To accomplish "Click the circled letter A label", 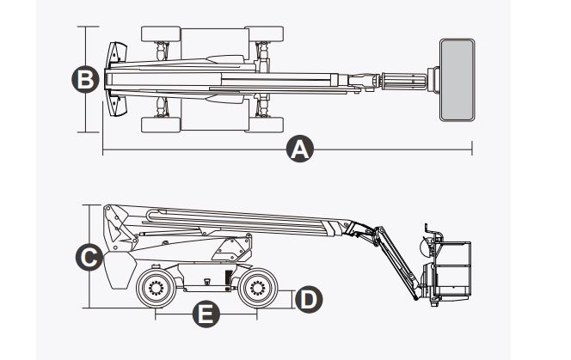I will [299, 151].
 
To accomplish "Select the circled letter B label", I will [84, 80].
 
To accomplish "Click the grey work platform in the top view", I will [457, 80].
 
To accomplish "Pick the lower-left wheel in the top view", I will [161, 122].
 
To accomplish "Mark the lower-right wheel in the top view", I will [267, 122].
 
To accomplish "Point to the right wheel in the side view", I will [255, 287].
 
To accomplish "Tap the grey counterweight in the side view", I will [118, 269].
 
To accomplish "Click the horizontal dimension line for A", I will [387, 152].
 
